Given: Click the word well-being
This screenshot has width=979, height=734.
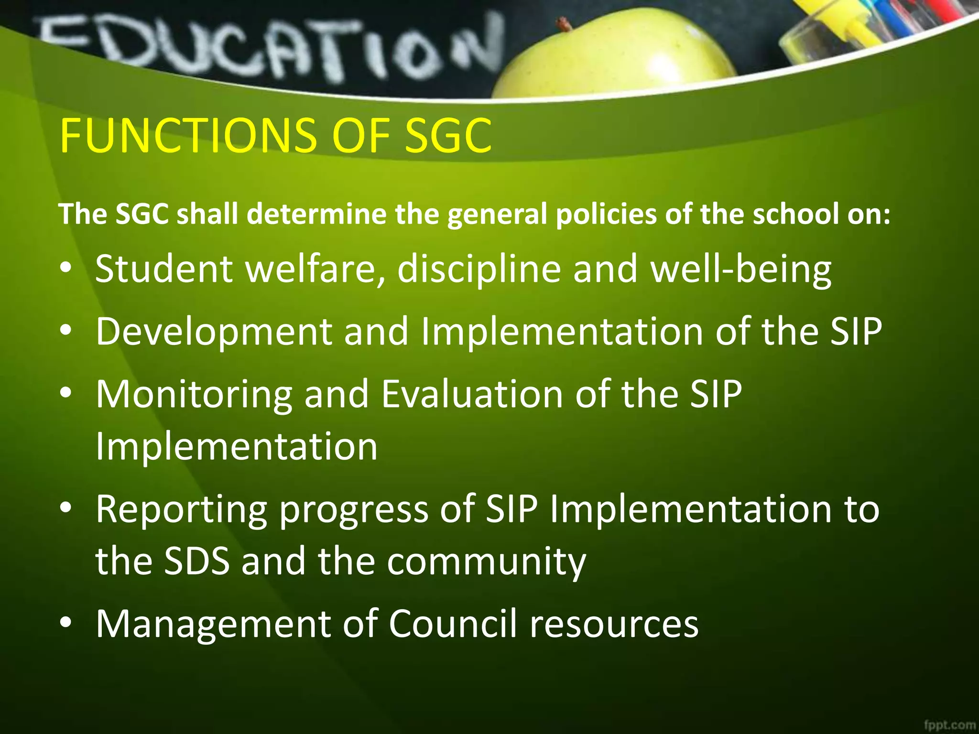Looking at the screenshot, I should coord(741,270).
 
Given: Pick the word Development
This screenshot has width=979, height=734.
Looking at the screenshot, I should coord(214,332).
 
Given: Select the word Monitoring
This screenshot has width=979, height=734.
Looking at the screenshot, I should coord(194,395).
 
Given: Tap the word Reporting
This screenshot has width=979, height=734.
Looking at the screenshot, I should coord(181,509).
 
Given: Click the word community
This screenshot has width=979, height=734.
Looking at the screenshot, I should coord(487,561).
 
